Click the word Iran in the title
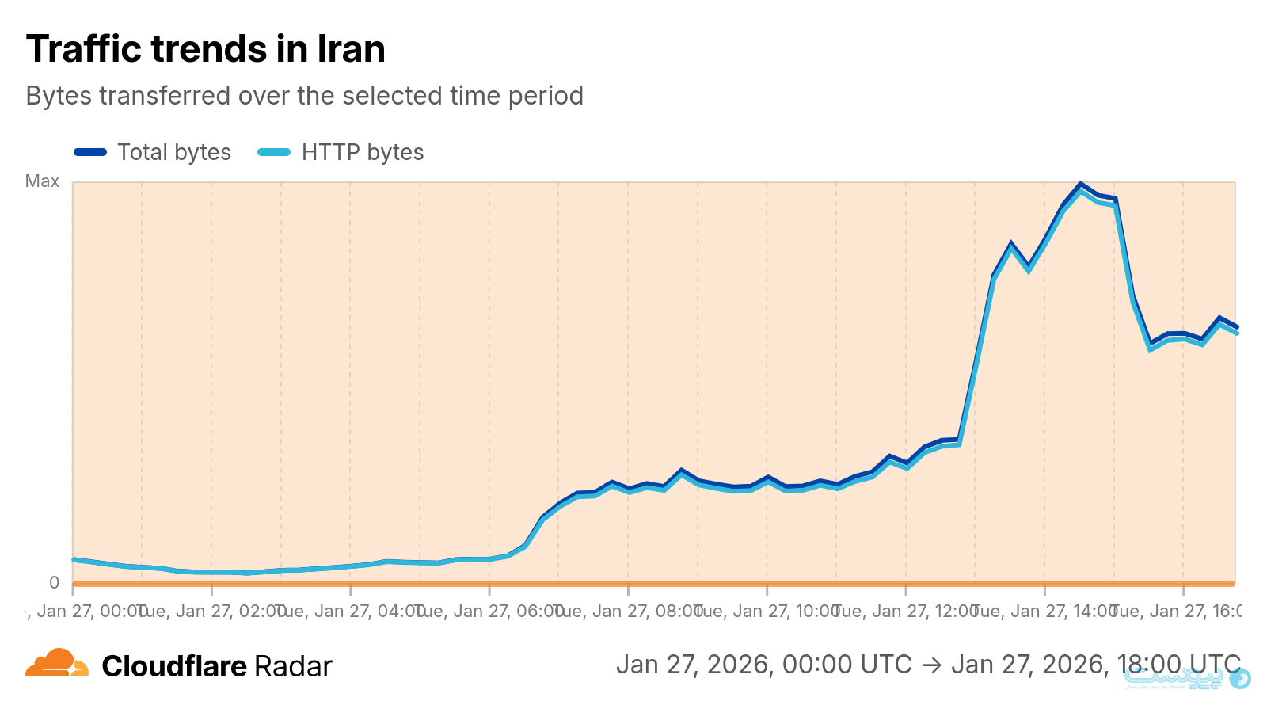click(x=351, y=49)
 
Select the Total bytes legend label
click(x=174, y=152)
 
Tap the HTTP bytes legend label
click(x=363, y=152)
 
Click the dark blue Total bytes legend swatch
click(x=90, y=152)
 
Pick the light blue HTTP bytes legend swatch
click(x=274, y=152)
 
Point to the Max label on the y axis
click(x=42, y=181)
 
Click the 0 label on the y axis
click(x=54, y=583)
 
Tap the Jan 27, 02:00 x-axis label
click(x=212, y=611)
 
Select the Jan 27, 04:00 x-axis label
click(x=351, y=611)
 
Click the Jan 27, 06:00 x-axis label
click(x=489, y=611)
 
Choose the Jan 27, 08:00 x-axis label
click(x=629, y=611)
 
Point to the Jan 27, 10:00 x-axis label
click(x=767, y=611)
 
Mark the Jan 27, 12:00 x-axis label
click(x=906, y=611)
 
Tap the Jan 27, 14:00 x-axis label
click(x=1044, y=611)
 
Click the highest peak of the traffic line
click(x=1080, y=185)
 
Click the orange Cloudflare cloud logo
click(x=56, y=663)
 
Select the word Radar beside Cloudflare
click(x=293, y=667)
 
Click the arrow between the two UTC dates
click(x=931, y=665)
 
